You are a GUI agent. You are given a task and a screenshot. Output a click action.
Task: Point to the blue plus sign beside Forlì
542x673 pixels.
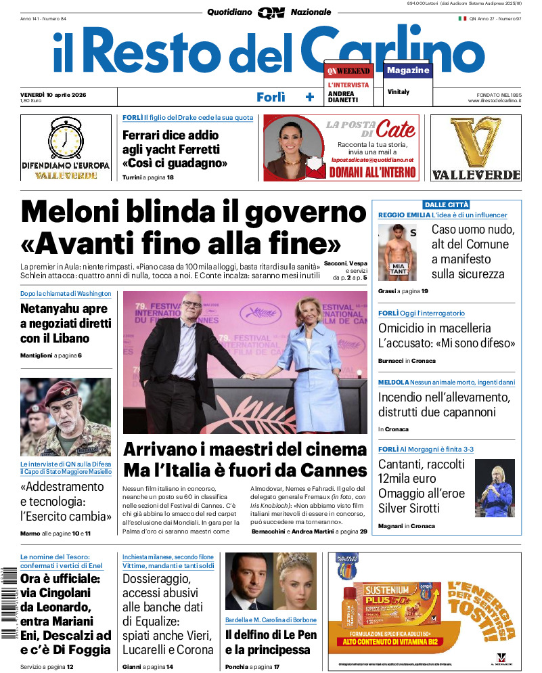tap(310, 97)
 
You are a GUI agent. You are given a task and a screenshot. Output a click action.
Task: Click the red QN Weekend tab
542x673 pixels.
tap(348, 70)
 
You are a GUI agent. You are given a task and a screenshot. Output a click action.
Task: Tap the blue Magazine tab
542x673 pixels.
tap(408, 70)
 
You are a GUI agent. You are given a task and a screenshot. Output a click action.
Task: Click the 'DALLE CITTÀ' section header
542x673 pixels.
tap(446, 204)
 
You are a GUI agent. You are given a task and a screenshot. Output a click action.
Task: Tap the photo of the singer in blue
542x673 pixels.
tap(494, 487)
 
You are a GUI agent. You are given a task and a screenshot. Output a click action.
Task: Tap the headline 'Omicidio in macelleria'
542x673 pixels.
tap(434, 328)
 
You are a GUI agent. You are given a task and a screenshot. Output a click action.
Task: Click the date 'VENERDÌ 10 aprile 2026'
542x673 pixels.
tap(58, 94)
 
